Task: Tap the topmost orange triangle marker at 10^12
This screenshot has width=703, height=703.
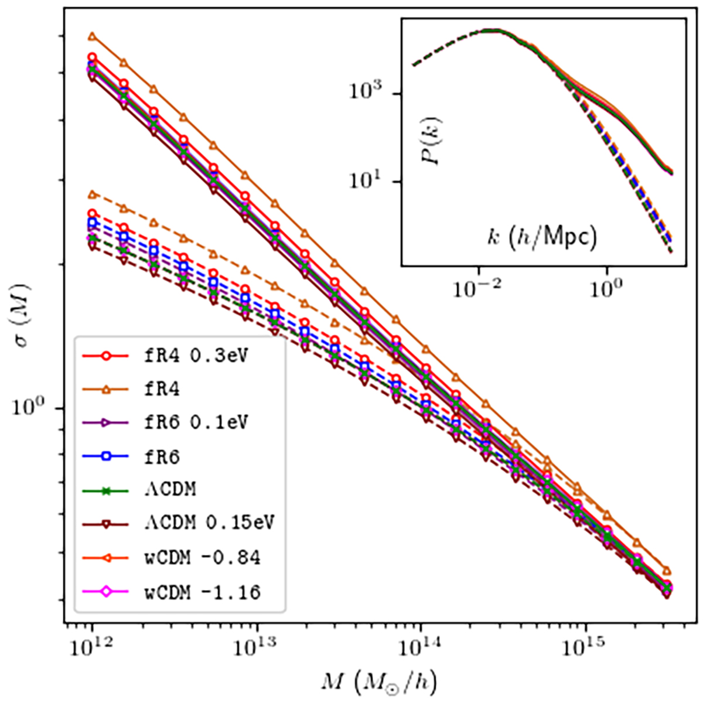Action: click(x=92, y=36)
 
